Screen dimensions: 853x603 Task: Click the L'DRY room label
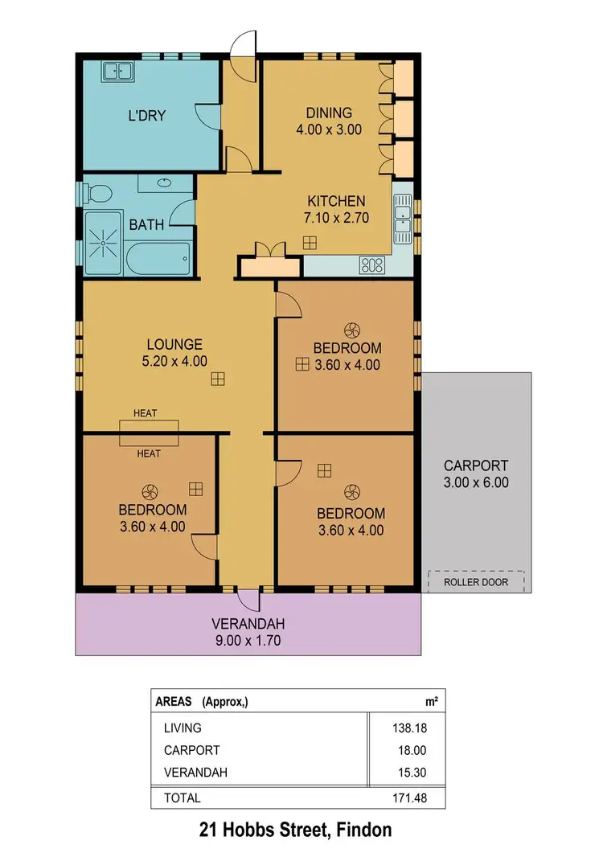point(146,115)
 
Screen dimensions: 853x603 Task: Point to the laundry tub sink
point(117,72)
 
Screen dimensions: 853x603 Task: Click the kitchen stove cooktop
point(373,263)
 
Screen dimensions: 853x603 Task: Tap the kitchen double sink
point(401,216)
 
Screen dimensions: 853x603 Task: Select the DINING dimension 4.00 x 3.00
point(330,129)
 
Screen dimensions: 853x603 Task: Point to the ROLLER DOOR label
point(476,581)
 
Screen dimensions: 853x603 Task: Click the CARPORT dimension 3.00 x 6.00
point(476,482)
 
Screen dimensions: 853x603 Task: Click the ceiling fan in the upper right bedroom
point(351,329)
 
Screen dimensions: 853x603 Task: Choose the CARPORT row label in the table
point(191,750)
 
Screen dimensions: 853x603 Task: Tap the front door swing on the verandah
point(248,601)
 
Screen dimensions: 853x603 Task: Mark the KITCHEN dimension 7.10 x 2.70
point(336,217)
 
